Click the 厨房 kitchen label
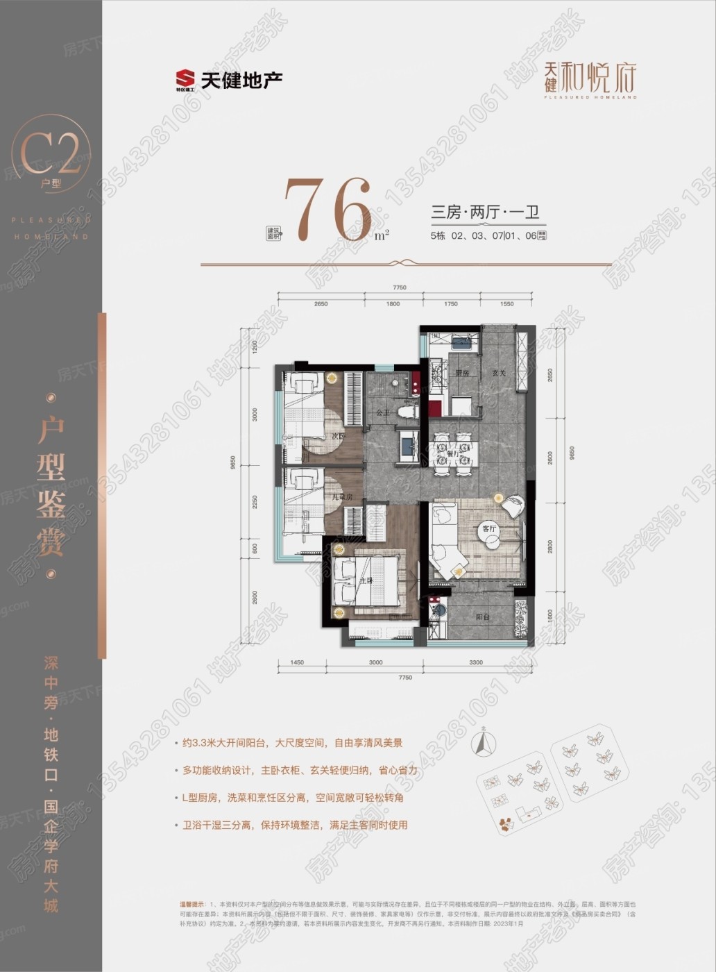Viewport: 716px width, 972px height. [462, 373]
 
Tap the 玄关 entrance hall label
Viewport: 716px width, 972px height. [499, 373]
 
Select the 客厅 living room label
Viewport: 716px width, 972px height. [490, 528]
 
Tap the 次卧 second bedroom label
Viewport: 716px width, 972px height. [338, 437]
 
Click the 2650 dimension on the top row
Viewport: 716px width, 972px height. [320, 304]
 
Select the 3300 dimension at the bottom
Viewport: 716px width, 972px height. [475, 662]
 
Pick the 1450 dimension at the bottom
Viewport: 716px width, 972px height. [296, 662]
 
